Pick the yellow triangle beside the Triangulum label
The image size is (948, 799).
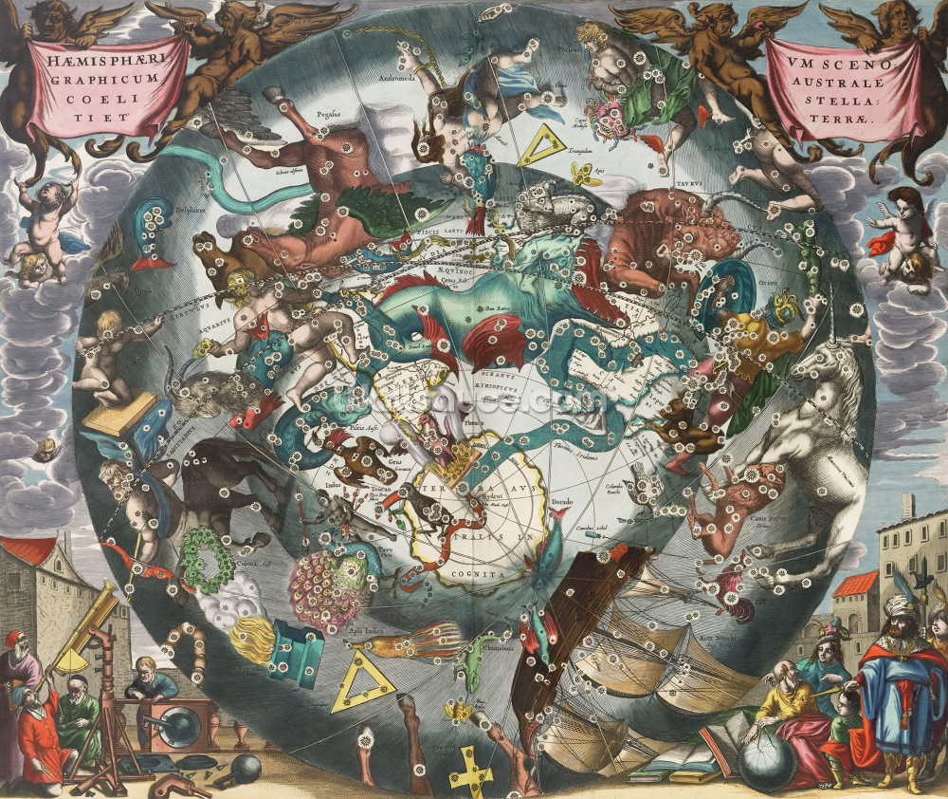pyautogui.click(x=542, y=145)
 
